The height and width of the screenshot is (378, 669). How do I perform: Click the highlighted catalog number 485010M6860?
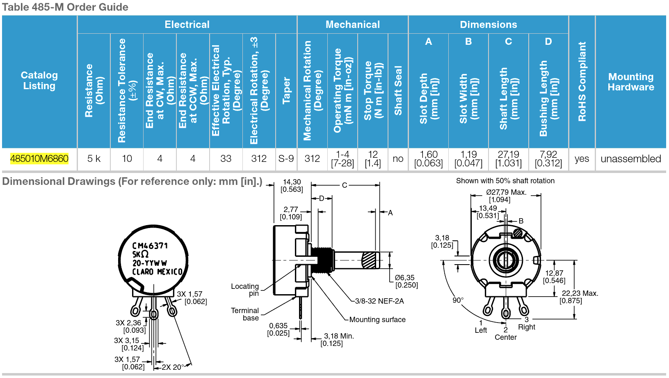coord(39,159)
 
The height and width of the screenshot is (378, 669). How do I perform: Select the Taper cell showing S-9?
coord(286,159)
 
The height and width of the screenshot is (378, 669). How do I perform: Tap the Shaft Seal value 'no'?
coord(398,159)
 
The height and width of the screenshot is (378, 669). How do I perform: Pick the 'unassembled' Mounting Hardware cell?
coord(630,159)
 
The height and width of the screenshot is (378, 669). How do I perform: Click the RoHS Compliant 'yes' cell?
coord(582,159)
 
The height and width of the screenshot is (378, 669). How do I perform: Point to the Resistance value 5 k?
coord(94,159)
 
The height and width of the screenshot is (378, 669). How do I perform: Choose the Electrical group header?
coord(187,25)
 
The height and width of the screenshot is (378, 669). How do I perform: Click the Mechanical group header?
coord(353,25)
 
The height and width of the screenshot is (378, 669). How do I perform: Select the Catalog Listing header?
coord(39,81)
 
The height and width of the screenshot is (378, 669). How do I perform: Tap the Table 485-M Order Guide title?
coord(65,7)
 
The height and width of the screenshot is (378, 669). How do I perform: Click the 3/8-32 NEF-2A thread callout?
coord(379,301)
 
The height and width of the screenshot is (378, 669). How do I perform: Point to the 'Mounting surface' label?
coord(377,320)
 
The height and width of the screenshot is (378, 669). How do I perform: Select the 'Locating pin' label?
coord(245,290)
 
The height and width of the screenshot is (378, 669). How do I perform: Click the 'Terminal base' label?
coord(245,314)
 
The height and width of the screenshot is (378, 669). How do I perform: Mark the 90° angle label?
coord(458,300)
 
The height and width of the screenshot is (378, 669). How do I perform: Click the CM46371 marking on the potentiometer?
coord(150,246)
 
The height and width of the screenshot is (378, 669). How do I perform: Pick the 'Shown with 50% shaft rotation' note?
coord(505,181)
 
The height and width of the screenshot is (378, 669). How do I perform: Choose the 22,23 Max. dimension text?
coord(580,293)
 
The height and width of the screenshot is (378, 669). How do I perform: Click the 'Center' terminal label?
coord(506,337)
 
